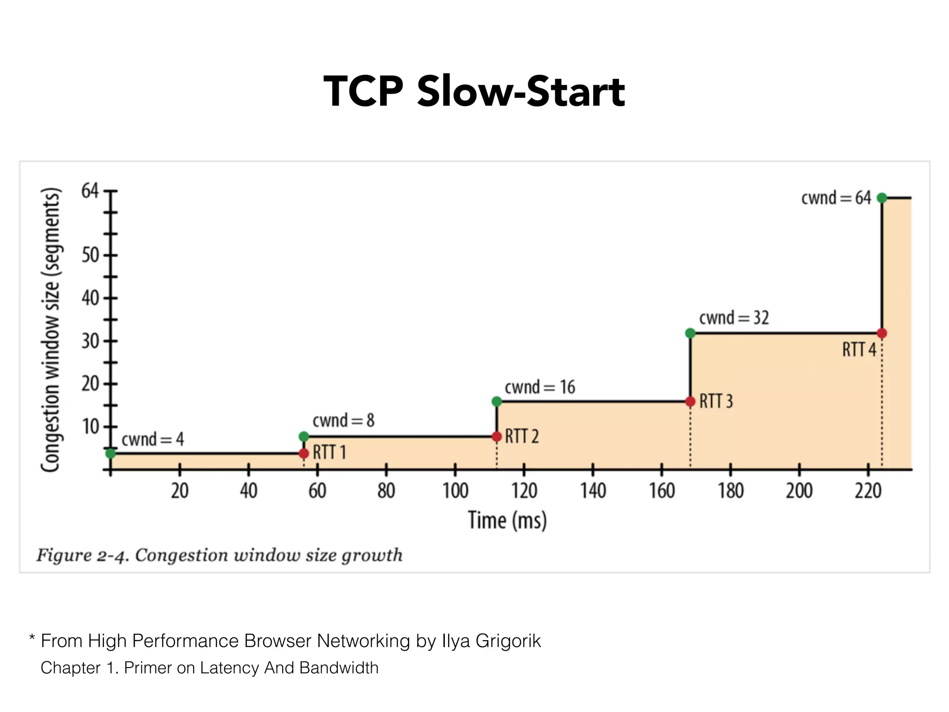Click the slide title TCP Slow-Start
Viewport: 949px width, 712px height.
[474, 91]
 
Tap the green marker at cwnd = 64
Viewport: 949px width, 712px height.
[882, 198]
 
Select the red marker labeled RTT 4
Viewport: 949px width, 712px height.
[882, 333]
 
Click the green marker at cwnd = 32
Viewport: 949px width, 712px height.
[690, 333]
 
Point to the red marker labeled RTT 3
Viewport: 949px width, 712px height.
[690, 401]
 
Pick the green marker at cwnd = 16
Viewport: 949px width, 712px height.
[496, 401]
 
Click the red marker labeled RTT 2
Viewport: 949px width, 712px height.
[496, 437]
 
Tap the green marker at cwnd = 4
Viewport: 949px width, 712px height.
[110, 453]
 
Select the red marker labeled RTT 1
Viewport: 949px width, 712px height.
[304, 453]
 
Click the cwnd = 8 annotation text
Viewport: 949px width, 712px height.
[343, 420]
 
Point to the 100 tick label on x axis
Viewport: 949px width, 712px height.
[455, 490]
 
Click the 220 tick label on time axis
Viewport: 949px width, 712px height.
[868, 490]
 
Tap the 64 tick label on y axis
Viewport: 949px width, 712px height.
[90, 191]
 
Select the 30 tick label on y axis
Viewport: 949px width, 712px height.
[90, 341]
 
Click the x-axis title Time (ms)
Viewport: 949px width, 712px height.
[507, 520]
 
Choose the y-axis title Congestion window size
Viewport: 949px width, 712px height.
[51, 330]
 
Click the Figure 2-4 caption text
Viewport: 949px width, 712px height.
[219, 555]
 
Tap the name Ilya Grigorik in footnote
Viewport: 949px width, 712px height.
[491, 641]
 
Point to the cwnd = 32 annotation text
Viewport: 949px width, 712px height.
[734, 318]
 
